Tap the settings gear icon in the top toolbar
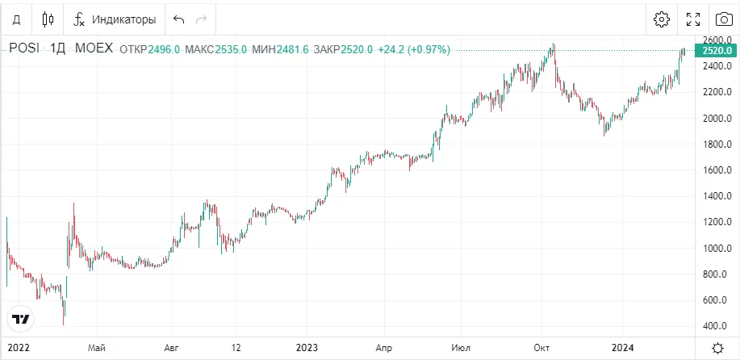(x=662, y=19)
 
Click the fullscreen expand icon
(x=692, y=19)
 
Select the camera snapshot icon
(x=723, y=19)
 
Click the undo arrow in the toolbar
(x=178, y=19)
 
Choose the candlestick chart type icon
(x=48, y=19)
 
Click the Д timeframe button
(x=16, y=19)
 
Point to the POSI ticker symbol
(x=23, y=48)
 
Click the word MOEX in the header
(x=94, y=48)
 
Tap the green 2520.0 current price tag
(x=717, y=50)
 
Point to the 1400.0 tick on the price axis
(x=716, y=196)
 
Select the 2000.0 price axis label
(x=716, y=118)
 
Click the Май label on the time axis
(x=97, y=347)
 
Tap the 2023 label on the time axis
(x=307, y=347)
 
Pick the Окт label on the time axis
(x=541, y=347)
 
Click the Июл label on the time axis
(x=462, y=347)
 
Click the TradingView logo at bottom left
(x=21, y=319)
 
